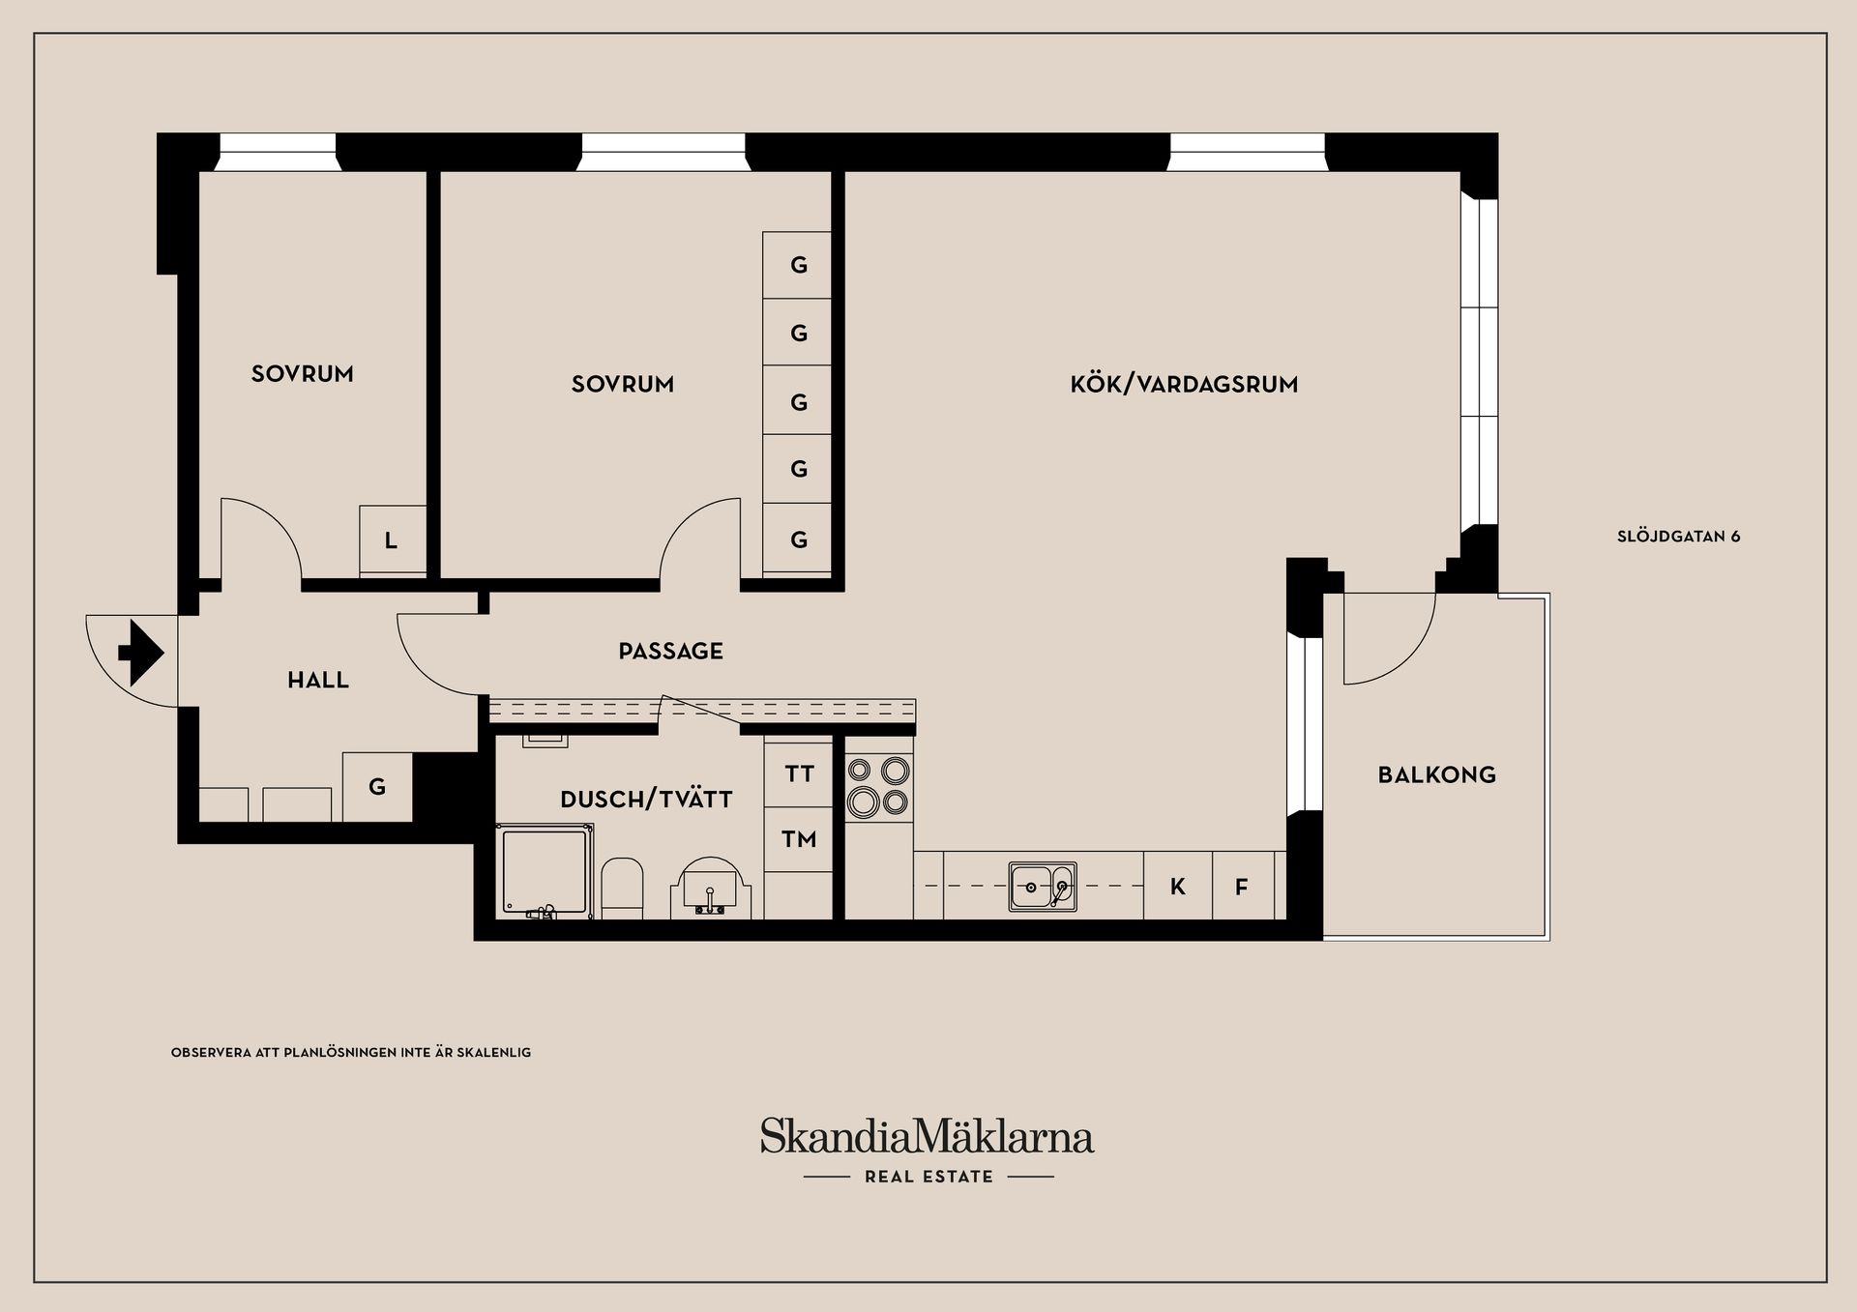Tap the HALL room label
coord(318,681)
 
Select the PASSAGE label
coord(670,652)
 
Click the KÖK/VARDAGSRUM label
coord(1184,385)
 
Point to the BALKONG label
coord(1436,774)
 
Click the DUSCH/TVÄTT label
coord(646,800)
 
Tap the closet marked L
coord(392,539)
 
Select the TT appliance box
coord(799,773)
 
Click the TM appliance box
coord(799,839)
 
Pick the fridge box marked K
coord(1177,887)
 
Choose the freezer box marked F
coord(1242,887)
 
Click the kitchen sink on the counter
coord(1043,887)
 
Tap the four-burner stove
coord(878,787)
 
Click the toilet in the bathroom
coord(622,887)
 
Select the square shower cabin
coord(545,870)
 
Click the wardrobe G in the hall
coord(377,787)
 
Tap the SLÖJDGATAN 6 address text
coord(1678,537)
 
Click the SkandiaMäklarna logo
coord(927,1137)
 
